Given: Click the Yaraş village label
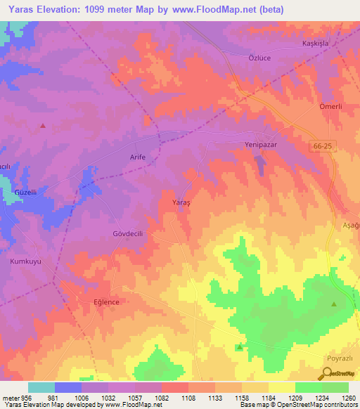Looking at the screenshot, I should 182,202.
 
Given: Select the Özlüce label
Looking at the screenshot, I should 252,60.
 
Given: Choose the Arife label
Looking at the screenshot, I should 138,157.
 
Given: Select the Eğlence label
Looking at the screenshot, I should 102,301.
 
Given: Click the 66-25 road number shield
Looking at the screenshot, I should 320,144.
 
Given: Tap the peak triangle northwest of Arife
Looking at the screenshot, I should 43,126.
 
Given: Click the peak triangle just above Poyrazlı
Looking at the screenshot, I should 334,304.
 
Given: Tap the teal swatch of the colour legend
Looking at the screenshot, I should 41,387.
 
